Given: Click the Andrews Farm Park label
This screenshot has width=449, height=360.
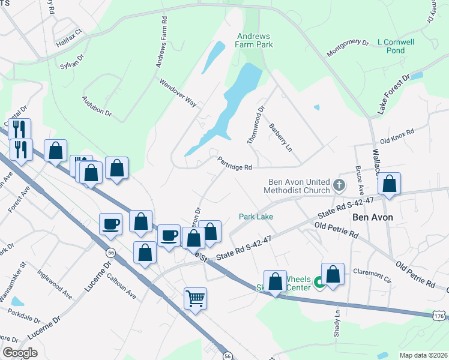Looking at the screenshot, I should point(255,40).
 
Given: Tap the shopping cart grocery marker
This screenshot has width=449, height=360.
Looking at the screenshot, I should point(196,298).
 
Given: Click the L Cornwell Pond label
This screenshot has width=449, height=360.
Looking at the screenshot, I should point(396,46).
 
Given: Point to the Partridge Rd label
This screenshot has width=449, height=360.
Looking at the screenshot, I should point(234,163).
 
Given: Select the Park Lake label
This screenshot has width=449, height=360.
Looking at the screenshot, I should point(256,216).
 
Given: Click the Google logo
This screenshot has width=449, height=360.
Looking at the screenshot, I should point(20,352).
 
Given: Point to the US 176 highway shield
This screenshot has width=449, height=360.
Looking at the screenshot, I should point(439,316).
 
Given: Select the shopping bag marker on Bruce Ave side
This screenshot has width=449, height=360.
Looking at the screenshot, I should point(390,185).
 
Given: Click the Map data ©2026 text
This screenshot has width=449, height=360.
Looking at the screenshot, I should point(423,355).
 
